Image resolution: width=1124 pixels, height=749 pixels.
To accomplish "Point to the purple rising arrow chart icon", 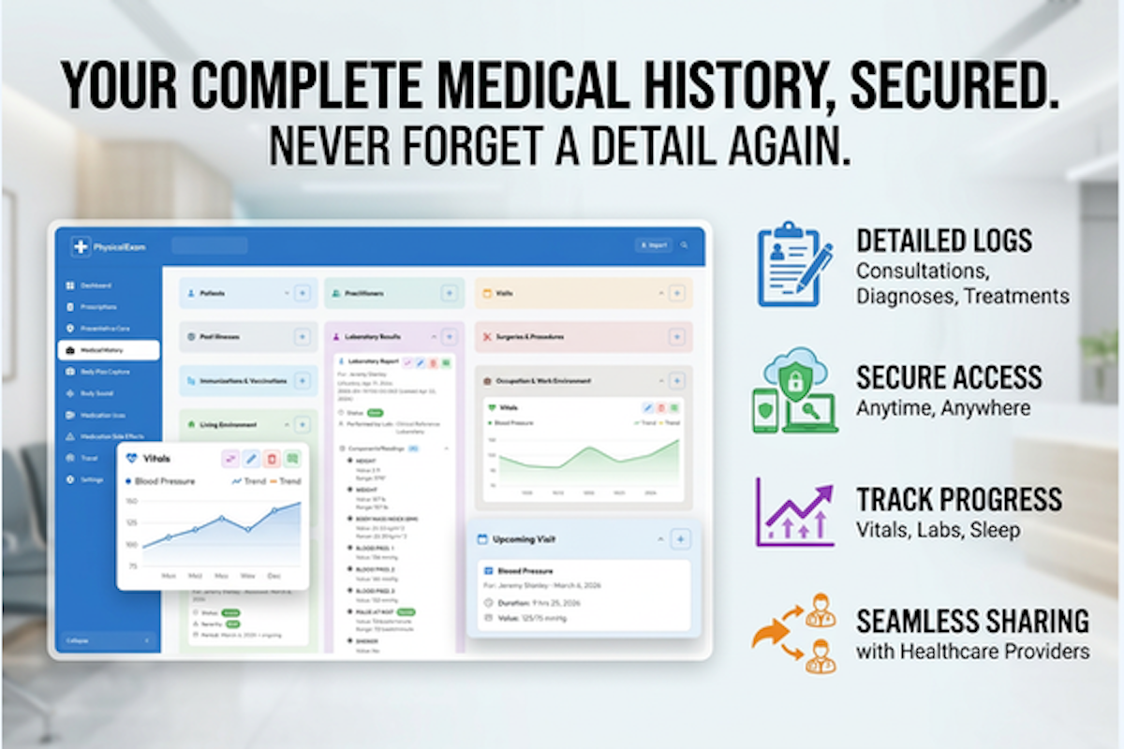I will click(x=794, y=512).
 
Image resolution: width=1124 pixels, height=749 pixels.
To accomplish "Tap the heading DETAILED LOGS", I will click(x=944, y=242).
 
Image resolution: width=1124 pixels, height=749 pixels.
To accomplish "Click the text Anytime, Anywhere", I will click(x=943, y=408).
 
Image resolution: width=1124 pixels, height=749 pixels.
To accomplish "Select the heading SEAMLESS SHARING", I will click(x=972, y=621).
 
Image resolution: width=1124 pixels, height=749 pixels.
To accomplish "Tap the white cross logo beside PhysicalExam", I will click(x=81, y=246).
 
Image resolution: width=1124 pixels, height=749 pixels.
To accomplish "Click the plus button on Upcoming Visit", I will click(x=681, y=538).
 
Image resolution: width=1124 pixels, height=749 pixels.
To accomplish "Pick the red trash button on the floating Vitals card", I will click(x=272, y=459).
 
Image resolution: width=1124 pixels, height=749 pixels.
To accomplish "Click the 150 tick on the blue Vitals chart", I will click(x=131, y=502).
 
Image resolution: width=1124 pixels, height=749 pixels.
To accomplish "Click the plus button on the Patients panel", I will click(x=302, y=293).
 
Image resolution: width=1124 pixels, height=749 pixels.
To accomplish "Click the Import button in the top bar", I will click(x=653, y=245).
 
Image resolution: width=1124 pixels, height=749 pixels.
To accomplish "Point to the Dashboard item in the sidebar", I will click(x=95, y=285).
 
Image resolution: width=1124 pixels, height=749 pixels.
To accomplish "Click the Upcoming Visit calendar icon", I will click(x=482, y=539).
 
